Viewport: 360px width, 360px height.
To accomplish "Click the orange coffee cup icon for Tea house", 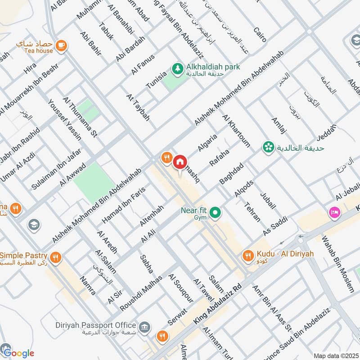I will point(61,44).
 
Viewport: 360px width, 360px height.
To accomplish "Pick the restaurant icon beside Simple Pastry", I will point(56,257).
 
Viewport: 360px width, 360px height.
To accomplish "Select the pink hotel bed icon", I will point(334,211).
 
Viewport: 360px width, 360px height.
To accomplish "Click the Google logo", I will point(18,352).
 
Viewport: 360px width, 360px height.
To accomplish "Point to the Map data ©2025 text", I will point(335,355).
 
